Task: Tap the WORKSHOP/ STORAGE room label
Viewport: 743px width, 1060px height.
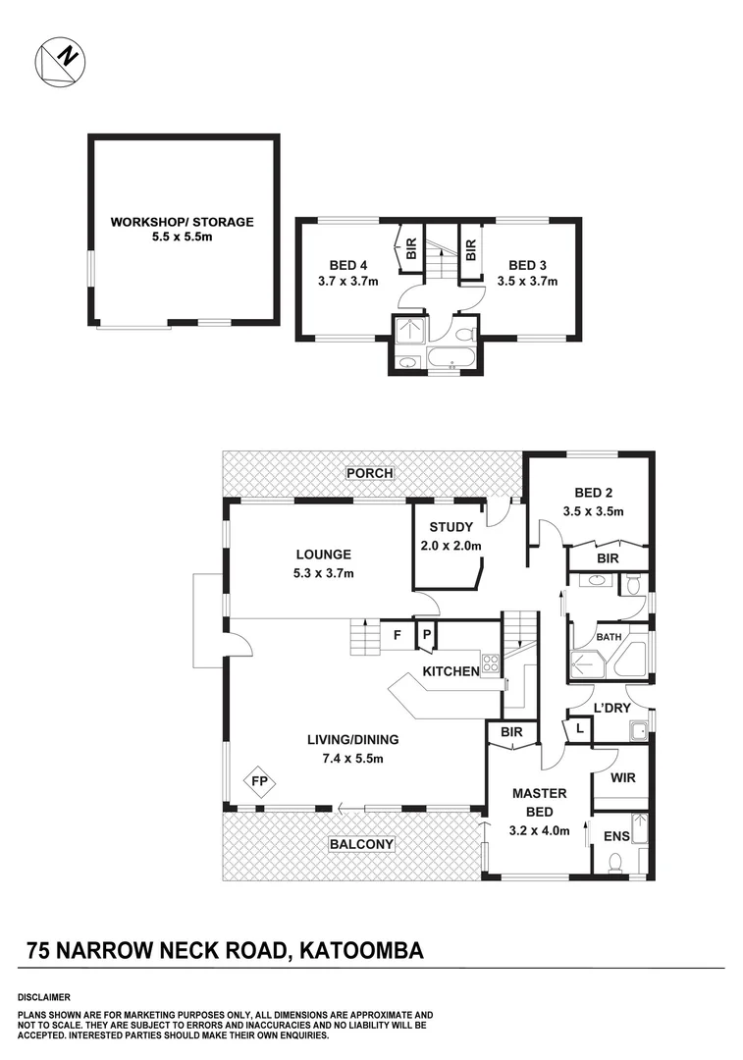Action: tap(182, 222)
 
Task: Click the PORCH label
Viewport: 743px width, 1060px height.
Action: tap(369, 473)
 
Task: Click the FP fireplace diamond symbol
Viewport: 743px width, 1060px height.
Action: tap(260, 781)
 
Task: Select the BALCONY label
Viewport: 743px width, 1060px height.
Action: tap(361, 844)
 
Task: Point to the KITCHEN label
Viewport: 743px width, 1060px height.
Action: tap(451, 671)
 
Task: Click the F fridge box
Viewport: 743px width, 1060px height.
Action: tap(397, 635)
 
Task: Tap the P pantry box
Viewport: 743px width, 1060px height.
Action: tap(427, 635)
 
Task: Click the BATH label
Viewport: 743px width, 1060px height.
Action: tap(610, 637)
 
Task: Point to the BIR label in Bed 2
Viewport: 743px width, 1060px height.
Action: tap(609, 557)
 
